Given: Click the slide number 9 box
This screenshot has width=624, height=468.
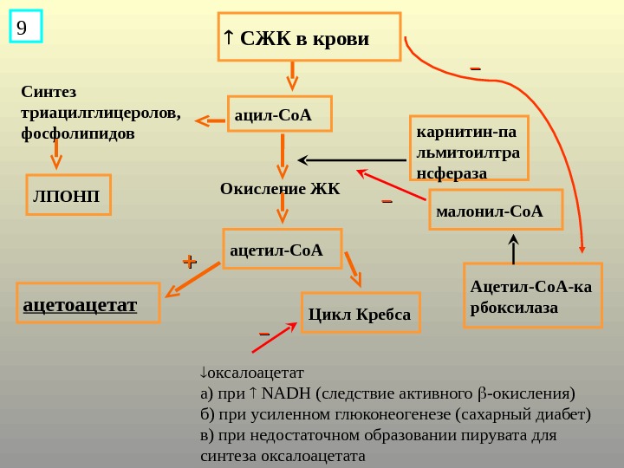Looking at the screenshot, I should pos(25,27).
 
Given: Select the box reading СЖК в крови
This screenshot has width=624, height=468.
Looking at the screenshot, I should pos(309,37).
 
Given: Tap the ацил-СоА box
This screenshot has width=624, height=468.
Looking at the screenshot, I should pos(280,114).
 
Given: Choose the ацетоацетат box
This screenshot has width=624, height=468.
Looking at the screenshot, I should pos(89,302).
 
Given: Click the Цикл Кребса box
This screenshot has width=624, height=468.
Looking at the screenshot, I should pos(360,313).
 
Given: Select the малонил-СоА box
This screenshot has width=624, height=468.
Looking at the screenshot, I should pos(496,210).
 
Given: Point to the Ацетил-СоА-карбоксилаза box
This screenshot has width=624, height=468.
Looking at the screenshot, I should pos(532,296).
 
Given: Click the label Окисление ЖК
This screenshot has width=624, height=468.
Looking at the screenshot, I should pos(280,188).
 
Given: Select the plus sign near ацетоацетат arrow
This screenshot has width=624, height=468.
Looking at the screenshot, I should pos(189,260).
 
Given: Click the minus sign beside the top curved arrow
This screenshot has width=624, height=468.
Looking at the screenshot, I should pos(475,68).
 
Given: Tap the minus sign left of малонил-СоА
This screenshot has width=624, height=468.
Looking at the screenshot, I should pos(387,203).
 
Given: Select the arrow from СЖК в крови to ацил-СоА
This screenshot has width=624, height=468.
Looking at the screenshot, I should pos(292,76).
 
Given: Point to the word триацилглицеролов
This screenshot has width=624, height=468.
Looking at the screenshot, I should pos(100,113).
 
